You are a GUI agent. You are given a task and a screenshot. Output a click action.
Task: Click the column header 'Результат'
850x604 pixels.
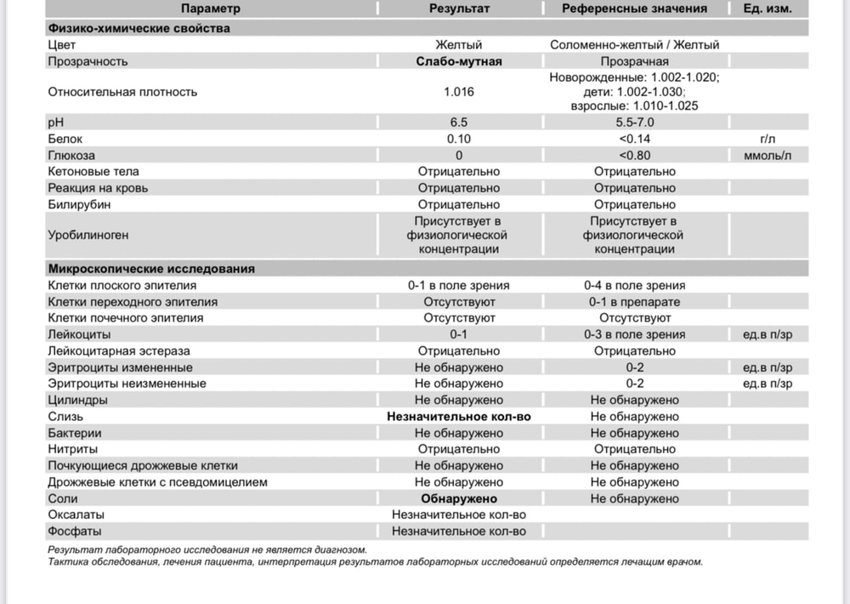click(x=459, y=9)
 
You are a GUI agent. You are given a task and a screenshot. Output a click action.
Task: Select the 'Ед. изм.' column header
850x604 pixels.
click(x=768, y=9)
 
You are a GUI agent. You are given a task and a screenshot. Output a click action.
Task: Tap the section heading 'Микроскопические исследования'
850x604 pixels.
click(x=152, y=269)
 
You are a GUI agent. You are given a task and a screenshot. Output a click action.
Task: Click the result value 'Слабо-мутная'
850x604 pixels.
click(x=459, y=61)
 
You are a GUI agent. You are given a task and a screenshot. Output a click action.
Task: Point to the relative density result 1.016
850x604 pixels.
click(x=459, y=92)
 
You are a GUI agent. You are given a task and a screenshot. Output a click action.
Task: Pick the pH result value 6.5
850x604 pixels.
click(x=459, y=123)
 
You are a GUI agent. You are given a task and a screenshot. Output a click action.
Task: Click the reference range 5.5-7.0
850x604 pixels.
click(x=634, y=123)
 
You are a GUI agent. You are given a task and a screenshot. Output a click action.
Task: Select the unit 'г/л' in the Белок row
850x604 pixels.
click(x=768, y=139)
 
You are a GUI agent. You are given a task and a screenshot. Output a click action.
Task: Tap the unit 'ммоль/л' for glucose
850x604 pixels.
click(x=768, y=155)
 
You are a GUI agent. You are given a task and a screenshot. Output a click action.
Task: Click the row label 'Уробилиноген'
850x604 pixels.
click(x=89, y=235)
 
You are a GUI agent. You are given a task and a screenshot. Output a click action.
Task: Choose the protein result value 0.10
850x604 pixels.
click(x=459, y=139)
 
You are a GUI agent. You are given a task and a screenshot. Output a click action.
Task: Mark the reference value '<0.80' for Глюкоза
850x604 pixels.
click(x=634, y=155)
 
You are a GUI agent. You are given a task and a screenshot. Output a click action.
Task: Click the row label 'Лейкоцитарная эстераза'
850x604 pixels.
click(x=119, y=351)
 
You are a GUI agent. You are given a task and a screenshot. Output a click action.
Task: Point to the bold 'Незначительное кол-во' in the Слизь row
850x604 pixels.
click(x=459, y=417)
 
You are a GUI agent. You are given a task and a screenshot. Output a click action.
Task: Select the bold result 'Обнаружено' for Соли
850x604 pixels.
click(x=459, y=499)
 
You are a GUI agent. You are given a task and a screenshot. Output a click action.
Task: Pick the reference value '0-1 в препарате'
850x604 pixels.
click(x=634, y=302)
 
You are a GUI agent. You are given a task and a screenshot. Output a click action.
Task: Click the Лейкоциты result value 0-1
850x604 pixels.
click(x=459, y=334)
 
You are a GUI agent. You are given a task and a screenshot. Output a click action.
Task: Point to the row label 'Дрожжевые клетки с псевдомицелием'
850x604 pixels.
click(x=158, y=482)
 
